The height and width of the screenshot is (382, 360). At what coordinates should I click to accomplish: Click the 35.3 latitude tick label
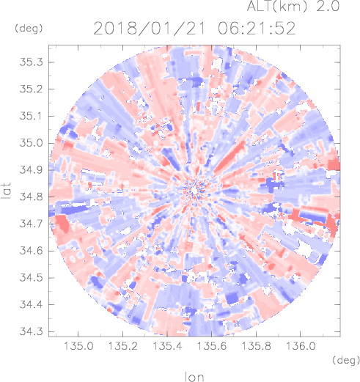(x=31, y=62)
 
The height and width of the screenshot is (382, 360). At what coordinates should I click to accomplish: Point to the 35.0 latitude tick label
(x=31, y=143)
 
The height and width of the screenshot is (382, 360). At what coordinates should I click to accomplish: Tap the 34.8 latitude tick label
(x=31, y=197)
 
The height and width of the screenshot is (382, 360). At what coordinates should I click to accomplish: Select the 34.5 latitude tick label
(x=31, y=278)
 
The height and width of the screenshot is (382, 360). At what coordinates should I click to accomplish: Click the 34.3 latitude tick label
(x=31, y=331)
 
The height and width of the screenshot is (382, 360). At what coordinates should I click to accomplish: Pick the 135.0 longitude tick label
(x=78, y=346)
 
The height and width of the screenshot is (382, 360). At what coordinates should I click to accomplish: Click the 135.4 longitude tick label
(x=167, y=346)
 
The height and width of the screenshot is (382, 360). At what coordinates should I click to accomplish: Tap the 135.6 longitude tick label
(x=212, y=346)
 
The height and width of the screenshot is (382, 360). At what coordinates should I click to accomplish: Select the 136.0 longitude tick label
(x=301, y=346)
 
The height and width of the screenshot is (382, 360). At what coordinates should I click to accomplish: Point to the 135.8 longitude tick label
(x=256, y=346)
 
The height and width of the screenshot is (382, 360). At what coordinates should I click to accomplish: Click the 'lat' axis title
(x=6, y=191)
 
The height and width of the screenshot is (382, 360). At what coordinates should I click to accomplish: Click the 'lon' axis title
(x=194, y=377)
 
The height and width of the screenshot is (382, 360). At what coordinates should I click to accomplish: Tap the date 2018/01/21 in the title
(x=149, y=29)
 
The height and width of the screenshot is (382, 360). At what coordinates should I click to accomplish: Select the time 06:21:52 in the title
(x=257, y=29)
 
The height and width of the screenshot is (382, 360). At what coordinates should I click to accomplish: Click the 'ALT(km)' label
(x=276, y=6)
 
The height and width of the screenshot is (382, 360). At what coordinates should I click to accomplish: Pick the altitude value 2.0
(x=328, y=6)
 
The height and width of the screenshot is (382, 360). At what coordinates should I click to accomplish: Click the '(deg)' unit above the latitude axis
(x=29, y=29)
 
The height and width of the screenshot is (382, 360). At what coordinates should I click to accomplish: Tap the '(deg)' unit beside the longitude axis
(x=346, y=360)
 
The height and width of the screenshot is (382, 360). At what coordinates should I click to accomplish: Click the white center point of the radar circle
(x=194, y=190)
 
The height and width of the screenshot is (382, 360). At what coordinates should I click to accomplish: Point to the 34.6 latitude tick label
(x=31, y=251)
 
